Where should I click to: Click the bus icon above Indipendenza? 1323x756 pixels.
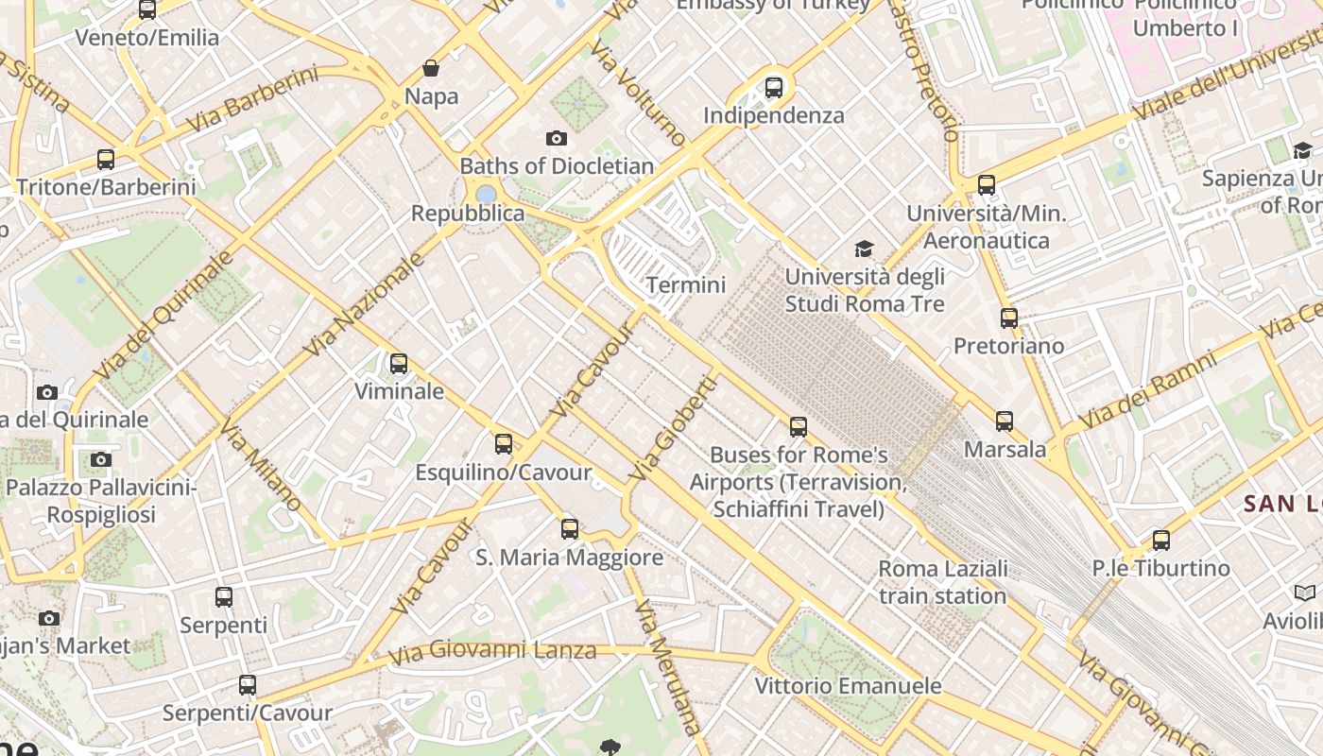pos(774,88)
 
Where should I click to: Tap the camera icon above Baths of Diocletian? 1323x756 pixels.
pos(557,138)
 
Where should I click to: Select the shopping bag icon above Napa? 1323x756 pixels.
pos(431,68)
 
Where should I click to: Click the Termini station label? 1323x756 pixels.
pos(686,284)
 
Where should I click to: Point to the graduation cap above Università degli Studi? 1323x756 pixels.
pos(864,249)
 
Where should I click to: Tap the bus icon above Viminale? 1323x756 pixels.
pos(399,363)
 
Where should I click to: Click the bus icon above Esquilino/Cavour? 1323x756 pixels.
pos(504,443)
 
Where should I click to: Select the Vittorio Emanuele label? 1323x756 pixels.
pos(848,686)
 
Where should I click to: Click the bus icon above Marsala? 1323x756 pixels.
pos(1005,421)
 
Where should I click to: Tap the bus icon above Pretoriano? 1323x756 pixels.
pos(1009,318)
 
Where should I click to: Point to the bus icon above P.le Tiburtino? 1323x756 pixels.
pos(1161,541)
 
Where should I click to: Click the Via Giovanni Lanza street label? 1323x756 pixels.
pos(492,651)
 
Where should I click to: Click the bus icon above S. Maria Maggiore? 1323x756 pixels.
pos(570,528)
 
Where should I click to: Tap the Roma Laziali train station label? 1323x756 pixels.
pos(943,582)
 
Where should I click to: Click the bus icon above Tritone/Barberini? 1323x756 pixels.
pos(106,159)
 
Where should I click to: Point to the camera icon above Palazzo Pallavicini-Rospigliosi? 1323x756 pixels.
pos(101,460)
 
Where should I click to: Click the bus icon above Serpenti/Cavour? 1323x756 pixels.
pos(248,684)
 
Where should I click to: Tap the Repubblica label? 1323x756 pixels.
pos(467,214)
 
